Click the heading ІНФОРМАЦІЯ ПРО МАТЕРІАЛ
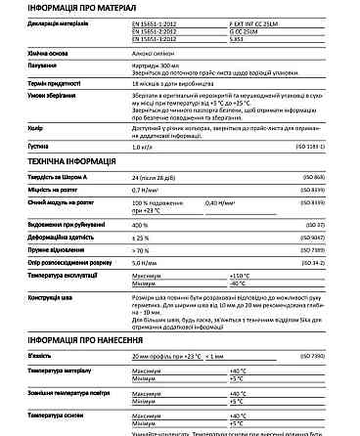72,9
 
